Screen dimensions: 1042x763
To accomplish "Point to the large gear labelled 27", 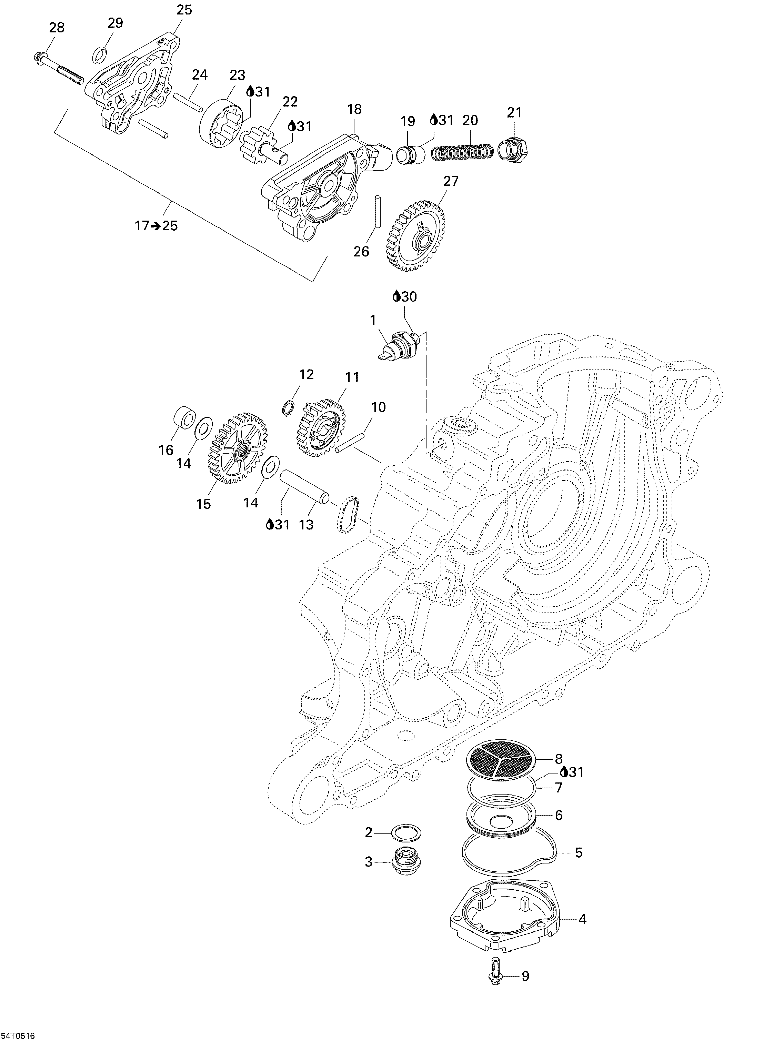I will point(414,235).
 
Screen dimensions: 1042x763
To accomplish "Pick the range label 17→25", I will point(156,226).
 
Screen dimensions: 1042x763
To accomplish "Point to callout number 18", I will point(354,109).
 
